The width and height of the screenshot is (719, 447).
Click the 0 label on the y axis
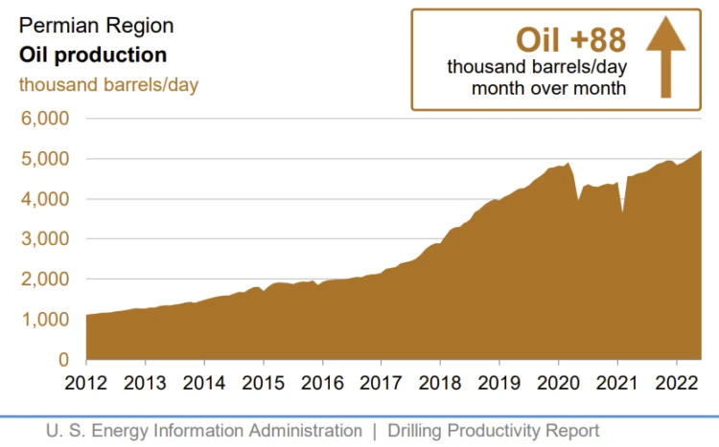(x=64, y=360)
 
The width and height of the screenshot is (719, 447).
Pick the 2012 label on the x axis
(x=86, y=382)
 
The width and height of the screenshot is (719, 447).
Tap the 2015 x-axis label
(x=263, y=382)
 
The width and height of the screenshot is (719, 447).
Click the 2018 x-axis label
(x=439, y=382)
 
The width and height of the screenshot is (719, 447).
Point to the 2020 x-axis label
(x=557, y=382)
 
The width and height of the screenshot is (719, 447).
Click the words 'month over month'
(x=548, y=89)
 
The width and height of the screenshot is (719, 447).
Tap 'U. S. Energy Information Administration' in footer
(x=204, y=431)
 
